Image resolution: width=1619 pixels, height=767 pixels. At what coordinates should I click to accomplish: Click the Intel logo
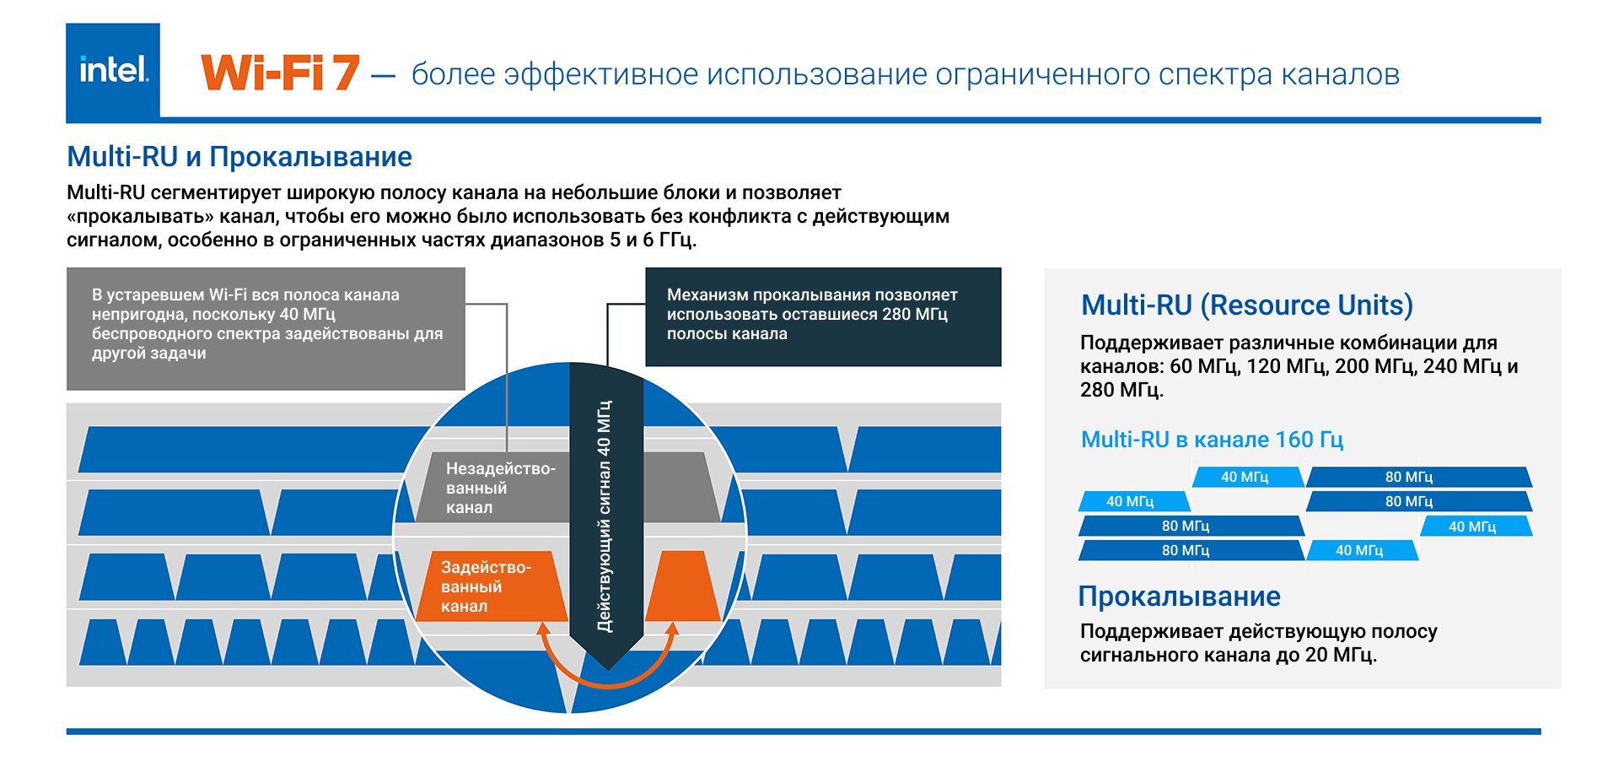point(113,71)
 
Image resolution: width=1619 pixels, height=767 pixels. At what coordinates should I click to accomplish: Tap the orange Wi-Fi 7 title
point(280,73)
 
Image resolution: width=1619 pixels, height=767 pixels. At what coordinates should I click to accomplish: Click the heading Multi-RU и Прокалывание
point(239,157)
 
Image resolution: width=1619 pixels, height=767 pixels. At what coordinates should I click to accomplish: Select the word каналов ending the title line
point(1340,74)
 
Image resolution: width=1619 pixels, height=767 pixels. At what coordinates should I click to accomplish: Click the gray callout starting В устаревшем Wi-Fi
point(266,328)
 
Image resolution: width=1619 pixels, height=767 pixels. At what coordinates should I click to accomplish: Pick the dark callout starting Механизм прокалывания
point(823,316)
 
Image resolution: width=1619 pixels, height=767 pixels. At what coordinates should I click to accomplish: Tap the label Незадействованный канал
point(500,488)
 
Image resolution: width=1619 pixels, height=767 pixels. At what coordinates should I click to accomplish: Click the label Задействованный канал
point(486,586)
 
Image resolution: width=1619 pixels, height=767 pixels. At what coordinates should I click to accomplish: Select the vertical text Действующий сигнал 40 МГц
point(605,516)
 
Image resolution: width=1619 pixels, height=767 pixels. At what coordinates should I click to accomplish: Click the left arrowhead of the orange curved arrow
point(544,629)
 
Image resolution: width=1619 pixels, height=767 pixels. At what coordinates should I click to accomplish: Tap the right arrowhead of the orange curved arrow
point(672,629)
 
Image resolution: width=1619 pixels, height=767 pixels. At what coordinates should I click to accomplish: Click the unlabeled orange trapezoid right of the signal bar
point(683,586)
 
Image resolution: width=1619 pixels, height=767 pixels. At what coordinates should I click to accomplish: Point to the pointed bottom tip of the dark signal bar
point(608,670)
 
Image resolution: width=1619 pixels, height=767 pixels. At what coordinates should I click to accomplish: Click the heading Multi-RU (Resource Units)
point(1246,305)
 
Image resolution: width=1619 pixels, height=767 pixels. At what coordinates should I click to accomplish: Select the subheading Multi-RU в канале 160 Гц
point(1212,440)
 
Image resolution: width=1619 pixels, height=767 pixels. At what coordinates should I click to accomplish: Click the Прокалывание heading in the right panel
point(1179,597)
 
